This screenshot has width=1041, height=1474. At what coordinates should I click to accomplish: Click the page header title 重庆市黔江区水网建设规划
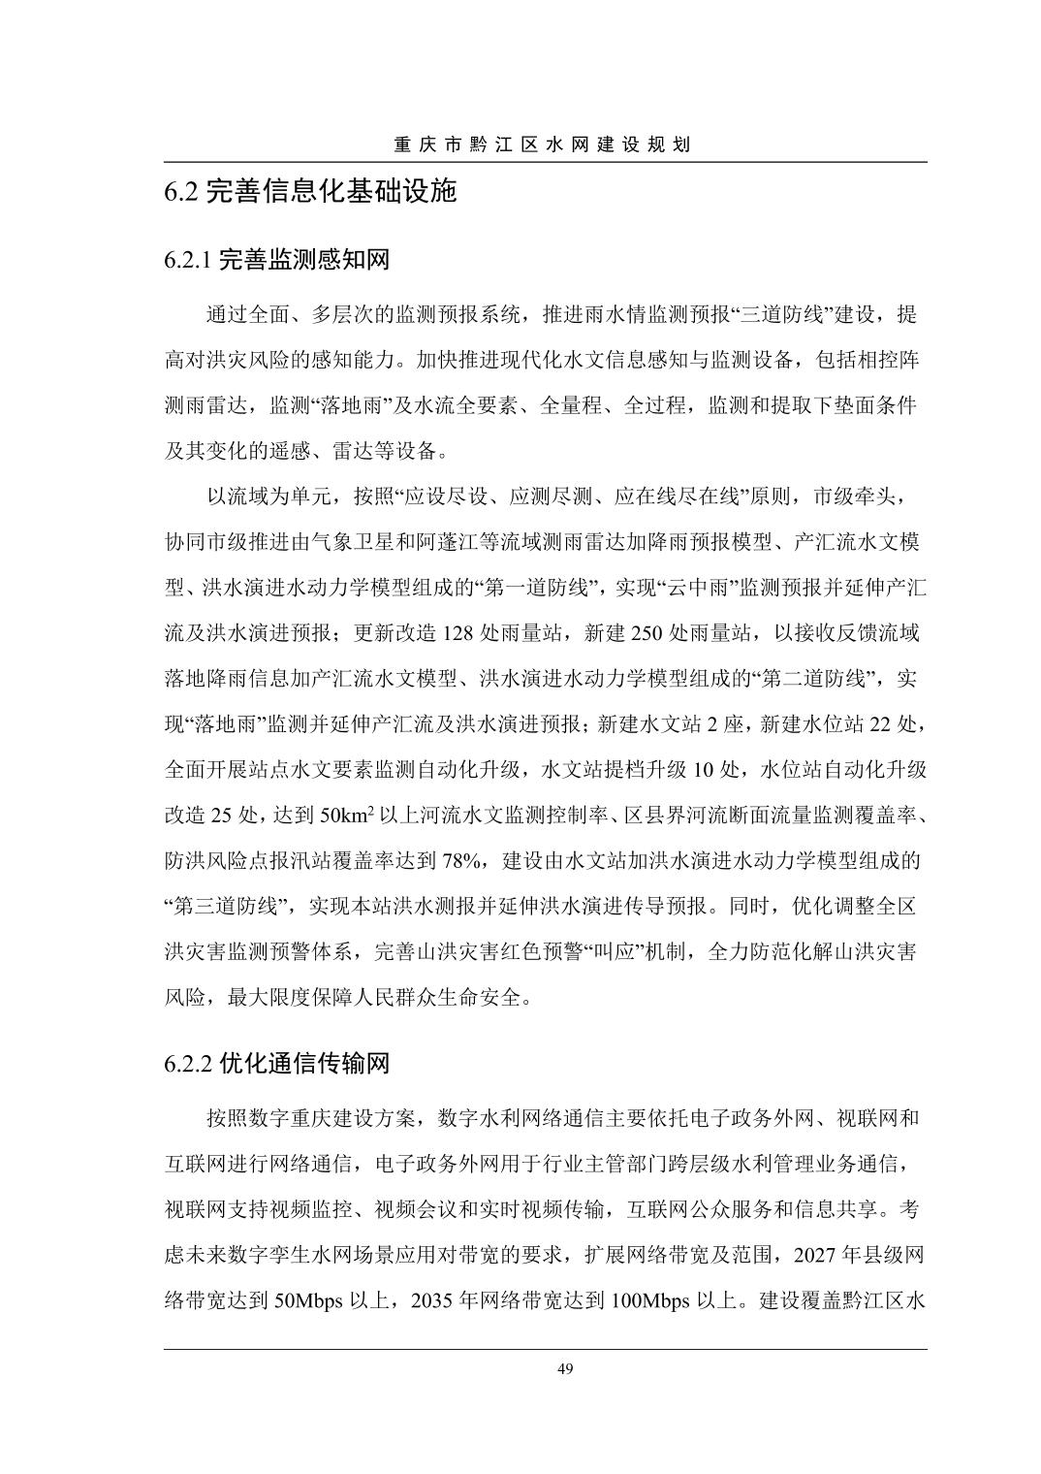542,145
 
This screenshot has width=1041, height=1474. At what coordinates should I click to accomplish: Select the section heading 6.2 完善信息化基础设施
309,191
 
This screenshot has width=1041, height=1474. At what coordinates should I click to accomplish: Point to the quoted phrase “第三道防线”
229,908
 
